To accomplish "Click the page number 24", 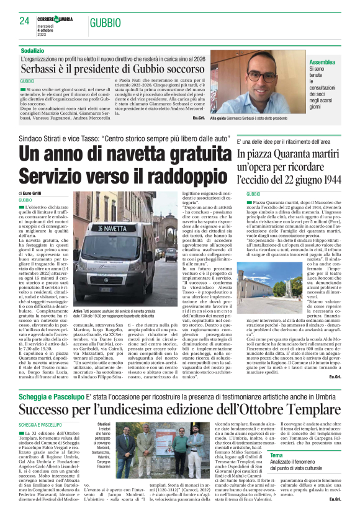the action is click(24, 21).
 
